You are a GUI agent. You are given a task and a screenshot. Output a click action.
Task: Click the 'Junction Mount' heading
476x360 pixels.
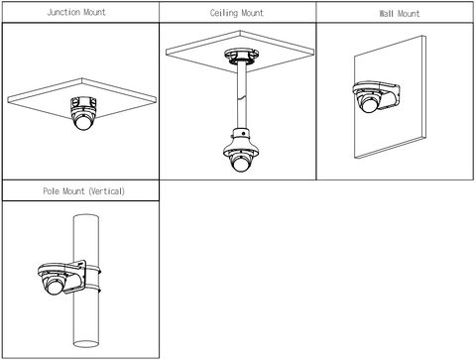[76, 12]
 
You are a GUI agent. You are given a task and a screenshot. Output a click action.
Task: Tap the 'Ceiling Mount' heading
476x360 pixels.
[237, 13]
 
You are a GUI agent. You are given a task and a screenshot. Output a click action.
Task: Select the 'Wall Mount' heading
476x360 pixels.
[400, 14]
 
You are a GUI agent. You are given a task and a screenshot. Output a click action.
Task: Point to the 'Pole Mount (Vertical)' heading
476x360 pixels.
[84, 191]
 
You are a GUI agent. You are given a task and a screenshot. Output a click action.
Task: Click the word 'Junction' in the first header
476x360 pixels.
[63, 12]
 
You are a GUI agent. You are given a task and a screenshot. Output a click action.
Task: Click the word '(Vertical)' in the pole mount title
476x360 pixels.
[106, 191]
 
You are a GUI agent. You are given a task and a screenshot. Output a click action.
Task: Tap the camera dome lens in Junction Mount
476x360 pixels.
[83, 122]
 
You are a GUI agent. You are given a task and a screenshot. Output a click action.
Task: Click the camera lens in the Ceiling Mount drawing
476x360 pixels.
[240, 164]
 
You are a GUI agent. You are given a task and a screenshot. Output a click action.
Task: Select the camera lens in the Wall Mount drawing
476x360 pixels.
[369, 105]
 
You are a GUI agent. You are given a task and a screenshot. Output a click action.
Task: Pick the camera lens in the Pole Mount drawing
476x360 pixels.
[55, 287]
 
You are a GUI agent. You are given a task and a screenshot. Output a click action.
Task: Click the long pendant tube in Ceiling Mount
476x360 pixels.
[242, 96]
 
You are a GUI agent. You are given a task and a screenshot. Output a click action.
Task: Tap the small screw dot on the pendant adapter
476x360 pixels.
[244, 133]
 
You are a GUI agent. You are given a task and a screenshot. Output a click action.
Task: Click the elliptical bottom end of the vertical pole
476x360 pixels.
[86, 344]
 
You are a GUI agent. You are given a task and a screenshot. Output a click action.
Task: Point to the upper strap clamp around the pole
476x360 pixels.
[93, 270]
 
